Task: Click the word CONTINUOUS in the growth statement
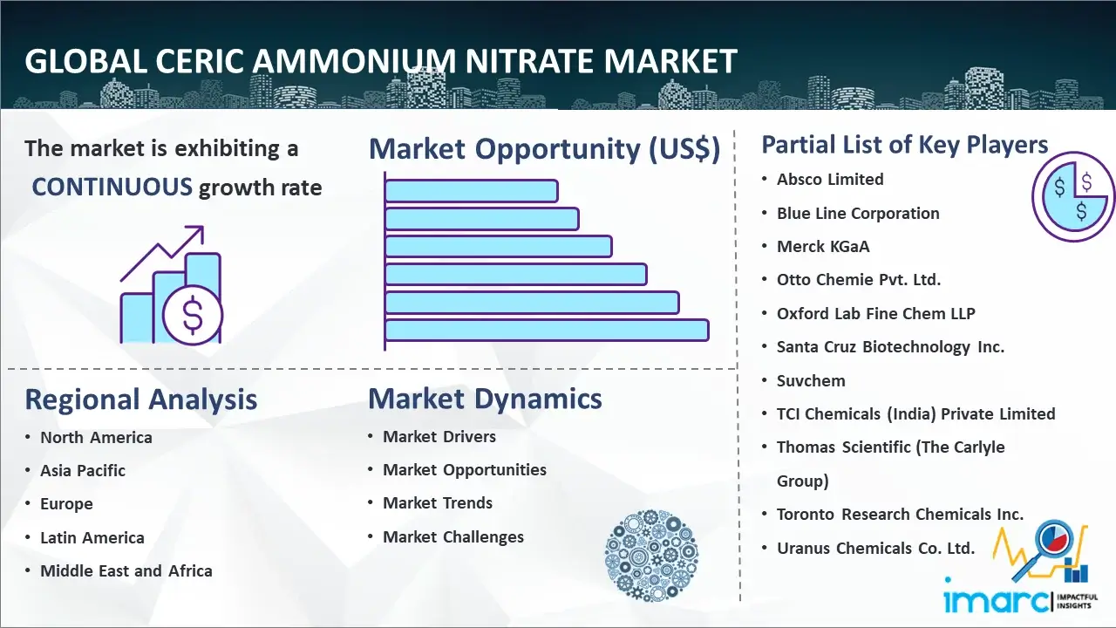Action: pos(112,188)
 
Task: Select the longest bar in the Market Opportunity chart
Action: pos(547,331)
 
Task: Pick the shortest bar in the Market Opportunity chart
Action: pos(472,191)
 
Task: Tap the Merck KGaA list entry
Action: pos(823,246)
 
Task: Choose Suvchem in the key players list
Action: pos(811,381)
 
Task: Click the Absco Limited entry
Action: pos(830,180)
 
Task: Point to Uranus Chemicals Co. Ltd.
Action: pos(875,549)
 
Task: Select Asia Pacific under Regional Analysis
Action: pos(83,470)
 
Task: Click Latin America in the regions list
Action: pos(92,538)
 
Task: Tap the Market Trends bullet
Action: pos(438,503)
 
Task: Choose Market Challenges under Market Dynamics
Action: pos(453,536)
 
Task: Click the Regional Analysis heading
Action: pos(141,399)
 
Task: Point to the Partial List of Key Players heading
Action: pos(905,145)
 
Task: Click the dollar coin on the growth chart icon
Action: pos(193,316)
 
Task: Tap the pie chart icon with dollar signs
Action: pos(1072,197)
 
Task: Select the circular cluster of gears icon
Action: pos(651,555)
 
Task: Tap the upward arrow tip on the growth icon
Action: pos(202,228)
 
